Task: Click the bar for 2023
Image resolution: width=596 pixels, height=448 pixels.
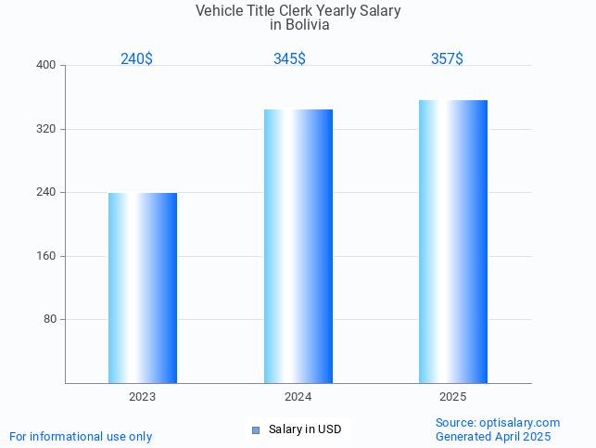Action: [x=143, y=288]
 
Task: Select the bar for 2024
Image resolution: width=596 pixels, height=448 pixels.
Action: [x=298, y=246]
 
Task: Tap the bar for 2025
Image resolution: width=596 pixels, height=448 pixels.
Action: [x=453, y=241]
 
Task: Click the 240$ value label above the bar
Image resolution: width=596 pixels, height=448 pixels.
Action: [x=136, y=58]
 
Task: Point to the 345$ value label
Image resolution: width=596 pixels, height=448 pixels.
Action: [x=289, y=58]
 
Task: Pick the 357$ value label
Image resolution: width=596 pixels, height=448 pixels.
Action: [x=447, y=58]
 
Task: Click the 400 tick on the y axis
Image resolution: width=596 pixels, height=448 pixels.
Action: [x=46, y=66]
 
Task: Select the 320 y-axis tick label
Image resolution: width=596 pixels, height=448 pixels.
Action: [x=46, y=129]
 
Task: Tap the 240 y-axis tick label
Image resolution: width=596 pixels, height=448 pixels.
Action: [x=46, y=193]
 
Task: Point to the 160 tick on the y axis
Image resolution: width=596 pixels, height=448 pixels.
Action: [x=46, y=256]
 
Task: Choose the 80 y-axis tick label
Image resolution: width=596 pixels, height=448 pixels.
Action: [x=50, y=320]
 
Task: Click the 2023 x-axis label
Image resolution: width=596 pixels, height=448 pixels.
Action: [x=143, y=397]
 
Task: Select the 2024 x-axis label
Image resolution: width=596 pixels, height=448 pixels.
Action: [x=298, y=397]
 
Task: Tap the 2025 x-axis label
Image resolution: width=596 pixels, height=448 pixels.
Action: [x=453, y=397]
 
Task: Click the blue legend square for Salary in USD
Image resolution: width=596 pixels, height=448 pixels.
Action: [x=256, y=429]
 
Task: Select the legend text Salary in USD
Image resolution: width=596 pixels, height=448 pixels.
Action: [x=305, y=429]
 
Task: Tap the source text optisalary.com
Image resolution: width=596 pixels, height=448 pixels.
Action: [x=520, y=423]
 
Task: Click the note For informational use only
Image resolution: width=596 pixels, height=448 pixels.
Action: [x=81, y=437]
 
